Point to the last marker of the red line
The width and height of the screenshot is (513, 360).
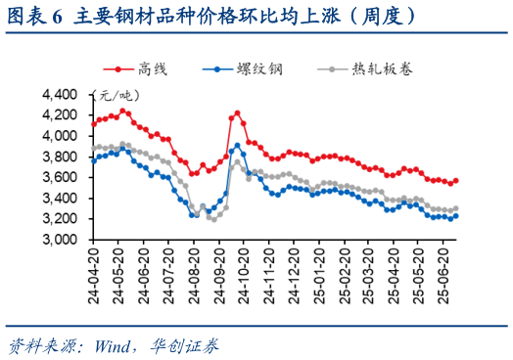(455, 181)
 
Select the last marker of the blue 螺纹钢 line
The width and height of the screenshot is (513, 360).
(455, 216)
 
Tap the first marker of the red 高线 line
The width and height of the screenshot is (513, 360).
(92, 124)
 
